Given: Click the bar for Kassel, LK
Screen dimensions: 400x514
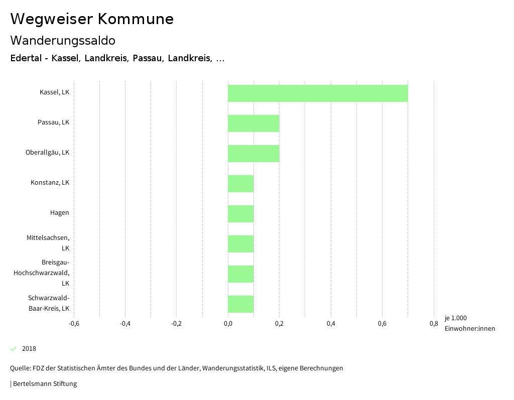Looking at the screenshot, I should pyautogui.click(x=318, y=93).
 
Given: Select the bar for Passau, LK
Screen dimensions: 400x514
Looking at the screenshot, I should pyautogui.click(x=253, y=123).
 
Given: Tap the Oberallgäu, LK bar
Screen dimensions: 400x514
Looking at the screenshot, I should pyautogui.click(x=253, y=154).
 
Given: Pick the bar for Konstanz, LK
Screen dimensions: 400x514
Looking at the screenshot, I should pyautogui.click(x=240, y=184).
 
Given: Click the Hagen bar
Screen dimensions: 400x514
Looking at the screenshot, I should pyautogui.click(x=240, y=214).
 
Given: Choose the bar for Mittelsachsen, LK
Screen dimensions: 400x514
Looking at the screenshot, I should pyautogui.click(x=240, y=244).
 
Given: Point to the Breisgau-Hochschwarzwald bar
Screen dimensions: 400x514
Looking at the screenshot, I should pyautogui.click(x=240, y=274).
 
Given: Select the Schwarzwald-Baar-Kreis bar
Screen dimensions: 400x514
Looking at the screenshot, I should pyautogui.click(x=240, y=304).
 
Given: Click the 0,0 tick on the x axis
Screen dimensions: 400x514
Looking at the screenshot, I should pyautogui.click(x=228, y=324).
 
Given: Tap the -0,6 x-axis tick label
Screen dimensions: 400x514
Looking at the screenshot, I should pyautogui.click(x=74, y=324).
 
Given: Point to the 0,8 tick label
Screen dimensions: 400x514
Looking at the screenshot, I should pyautogui.click(x=434, y=324).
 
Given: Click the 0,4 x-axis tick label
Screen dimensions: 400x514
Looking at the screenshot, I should pyautogui.click(x=331, y=324).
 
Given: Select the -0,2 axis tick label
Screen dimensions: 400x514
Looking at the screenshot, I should pyautogui.click(x=176, y=324).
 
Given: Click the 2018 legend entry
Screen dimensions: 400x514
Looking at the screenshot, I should pyautogui.click(x=29, y=349).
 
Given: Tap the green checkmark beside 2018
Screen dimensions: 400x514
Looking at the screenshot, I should pyautogui.click(x=14, y=349).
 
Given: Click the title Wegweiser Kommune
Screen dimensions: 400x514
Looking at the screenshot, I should pyautogui.click(x=92, y=19).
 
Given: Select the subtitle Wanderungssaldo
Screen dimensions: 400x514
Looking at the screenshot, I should pyautogui.click(x=63, y=40).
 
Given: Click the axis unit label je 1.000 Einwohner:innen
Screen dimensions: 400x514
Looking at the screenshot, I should pyautogui.click(x=469, y=323).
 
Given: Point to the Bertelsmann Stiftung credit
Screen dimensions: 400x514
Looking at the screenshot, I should pyautogui.click(x=44, y=384).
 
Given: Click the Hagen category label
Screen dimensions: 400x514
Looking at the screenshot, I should pyautogui.click(x=59, y=213).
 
